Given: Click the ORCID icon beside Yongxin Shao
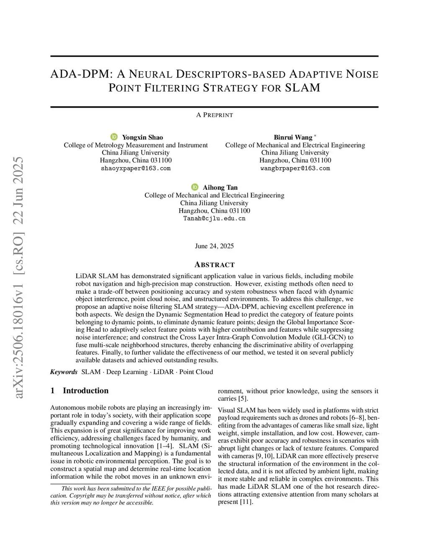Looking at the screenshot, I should [114, 137].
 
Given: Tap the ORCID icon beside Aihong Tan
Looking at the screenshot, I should [195, 187].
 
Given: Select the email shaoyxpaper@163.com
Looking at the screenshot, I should [136, 168].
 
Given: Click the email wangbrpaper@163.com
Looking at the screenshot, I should [295, 168].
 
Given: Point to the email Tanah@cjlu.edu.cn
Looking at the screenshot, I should [214, 218].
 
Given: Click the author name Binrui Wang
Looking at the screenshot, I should [293, 137].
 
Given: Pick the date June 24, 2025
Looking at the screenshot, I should [214, 246].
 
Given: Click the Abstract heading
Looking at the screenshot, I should [214, 265].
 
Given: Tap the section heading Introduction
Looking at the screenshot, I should [85, 390].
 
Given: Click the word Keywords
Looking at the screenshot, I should [64, 372].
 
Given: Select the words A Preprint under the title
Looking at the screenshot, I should [214, 115].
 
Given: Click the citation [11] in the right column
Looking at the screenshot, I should [246, 502].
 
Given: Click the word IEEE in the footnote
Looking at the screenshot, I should [152, 488].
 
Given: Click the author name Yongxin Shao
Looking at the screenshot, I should [142, 137].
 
